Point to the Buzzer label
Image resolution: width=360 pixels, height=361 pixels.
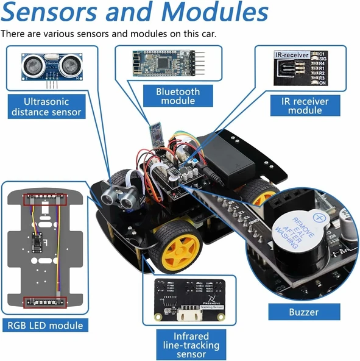click(303, 312)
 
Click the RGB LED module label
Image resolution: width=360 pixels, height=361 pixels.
click(44, 325)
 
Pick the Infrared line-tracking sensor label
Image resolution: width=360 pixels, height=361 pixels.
click(191, 345)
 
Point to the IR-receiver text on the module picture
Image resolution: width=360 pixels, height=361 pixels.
click(292, 55)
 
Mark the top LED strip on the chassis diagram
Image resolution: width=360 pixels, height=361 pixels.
click(44, 199)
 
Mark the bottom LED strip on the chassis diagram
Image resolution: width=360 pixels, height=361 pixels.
click(43, 301)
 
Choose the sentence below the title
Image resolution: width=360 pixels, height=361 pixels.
click(108, 33)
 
